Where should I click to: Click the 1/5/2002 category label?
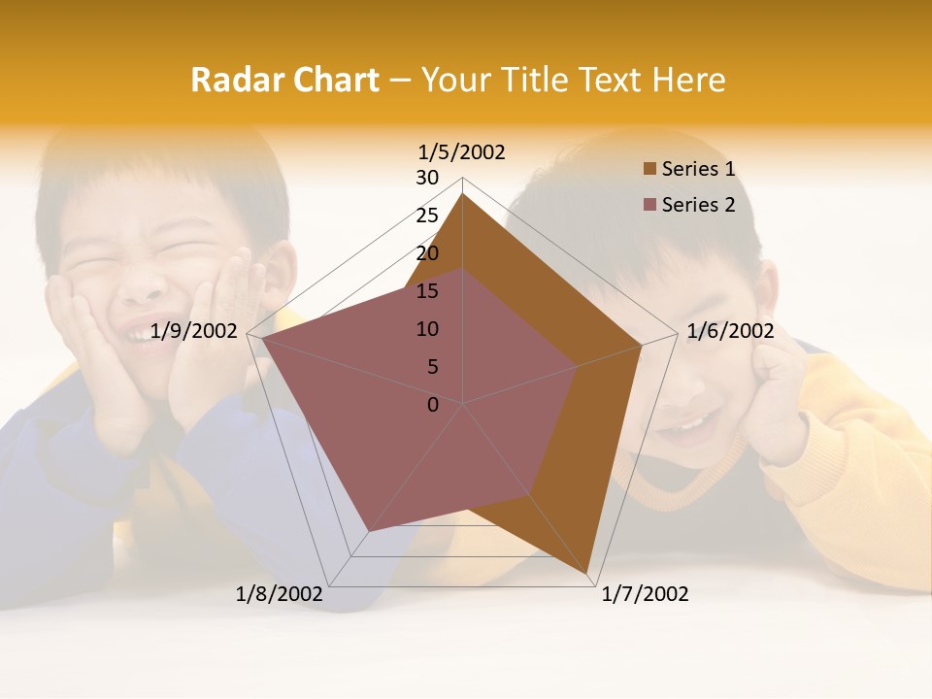462,151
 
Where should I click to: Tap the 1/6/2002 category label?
730,331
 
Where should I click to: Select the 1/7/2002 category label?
645,594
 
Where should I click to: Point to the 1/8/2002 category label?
280,594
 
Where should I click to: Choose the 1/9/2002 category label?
194,331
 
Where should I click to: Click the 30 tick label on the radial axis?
427,178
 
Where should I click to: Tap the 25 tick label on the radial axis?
427,216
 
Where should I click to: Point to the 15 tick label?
427,291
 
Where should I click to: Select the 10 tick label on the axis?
427,329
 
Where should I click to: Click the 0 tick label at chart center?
433,405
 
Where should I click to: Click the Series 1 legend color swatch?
649,170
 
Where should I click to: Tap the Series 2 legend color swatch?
649,205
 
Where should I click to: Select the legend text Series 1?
698,169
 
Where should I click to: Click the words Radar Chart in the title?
284,80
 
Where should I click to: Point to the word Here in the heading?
688,80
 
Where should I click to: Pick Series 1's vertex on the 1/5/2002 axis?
463,194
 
